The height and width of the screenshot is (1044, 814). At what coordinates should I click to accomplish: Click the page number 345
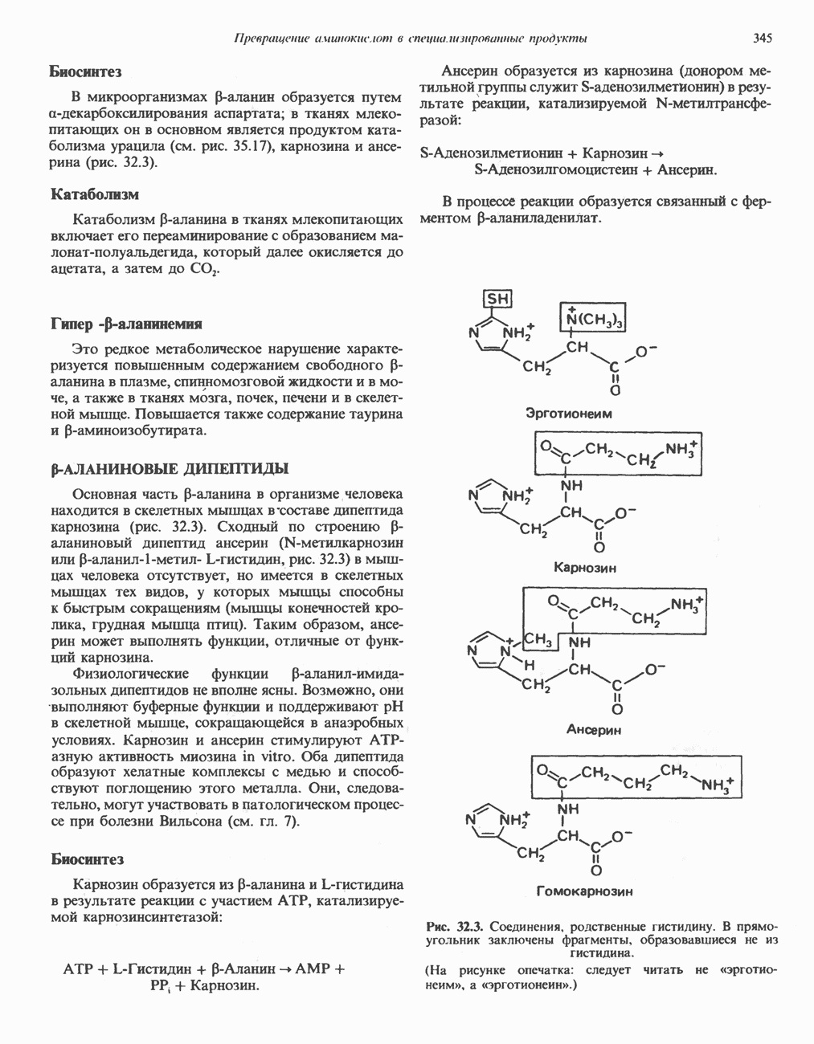coord(763,38)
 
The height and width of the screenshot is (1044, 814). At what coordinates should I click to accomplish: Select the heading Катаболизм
coord(94,194)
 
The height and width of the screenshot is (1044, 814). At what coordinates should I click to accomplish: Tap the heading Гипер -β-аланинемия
coord(126,324)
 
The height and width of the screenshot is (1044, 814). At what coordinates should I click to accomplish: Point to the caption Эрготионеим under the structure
coord(568,414)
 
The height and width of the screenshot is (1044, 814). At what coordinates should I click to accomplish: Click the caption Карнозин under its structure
coord(585,568)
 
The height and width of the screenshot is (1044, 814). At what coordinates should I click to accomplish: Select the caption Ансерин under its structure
coord(593,730)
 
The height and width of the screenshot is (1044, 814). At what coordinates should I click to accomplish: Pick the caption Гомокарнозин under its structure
coord(584,891)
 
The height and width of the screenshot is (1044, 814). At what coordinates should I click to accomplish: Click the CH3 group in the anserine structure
coord(538,639)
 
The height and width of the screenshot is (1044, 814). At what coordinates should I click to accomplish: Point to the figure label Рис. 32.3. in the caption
coord(456,925)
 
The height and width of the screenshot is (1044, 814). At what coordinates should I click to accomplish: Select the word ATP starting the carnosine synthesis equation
coord(78,969)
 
